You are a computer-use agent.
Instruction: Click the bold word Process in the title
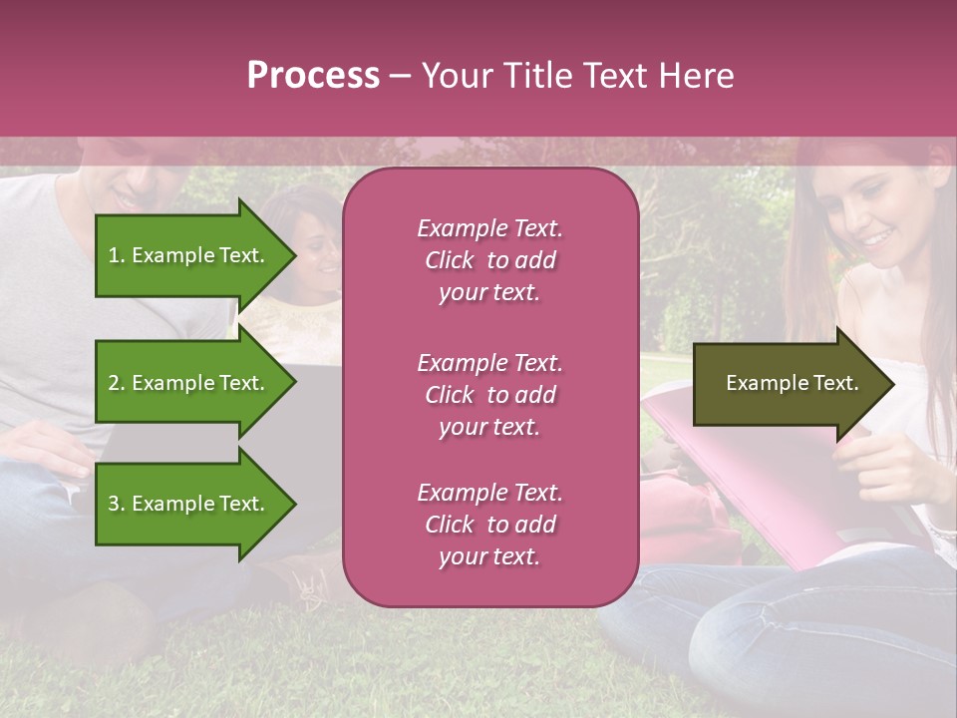coord(313,76)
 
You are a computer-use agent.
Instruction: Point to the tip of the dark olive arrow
coord(892,383)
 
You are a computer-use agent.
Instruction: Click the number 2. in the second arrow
coord(116,383)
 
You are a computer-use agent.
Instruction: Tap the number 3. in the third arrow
coord(116,504)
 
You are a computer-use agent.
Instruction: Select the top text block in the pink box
coord(489,260)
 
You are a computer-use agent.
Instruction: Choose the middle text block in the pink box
coord(489,395)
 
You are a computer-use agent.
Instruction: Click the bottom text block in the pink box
coord(489,525)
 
